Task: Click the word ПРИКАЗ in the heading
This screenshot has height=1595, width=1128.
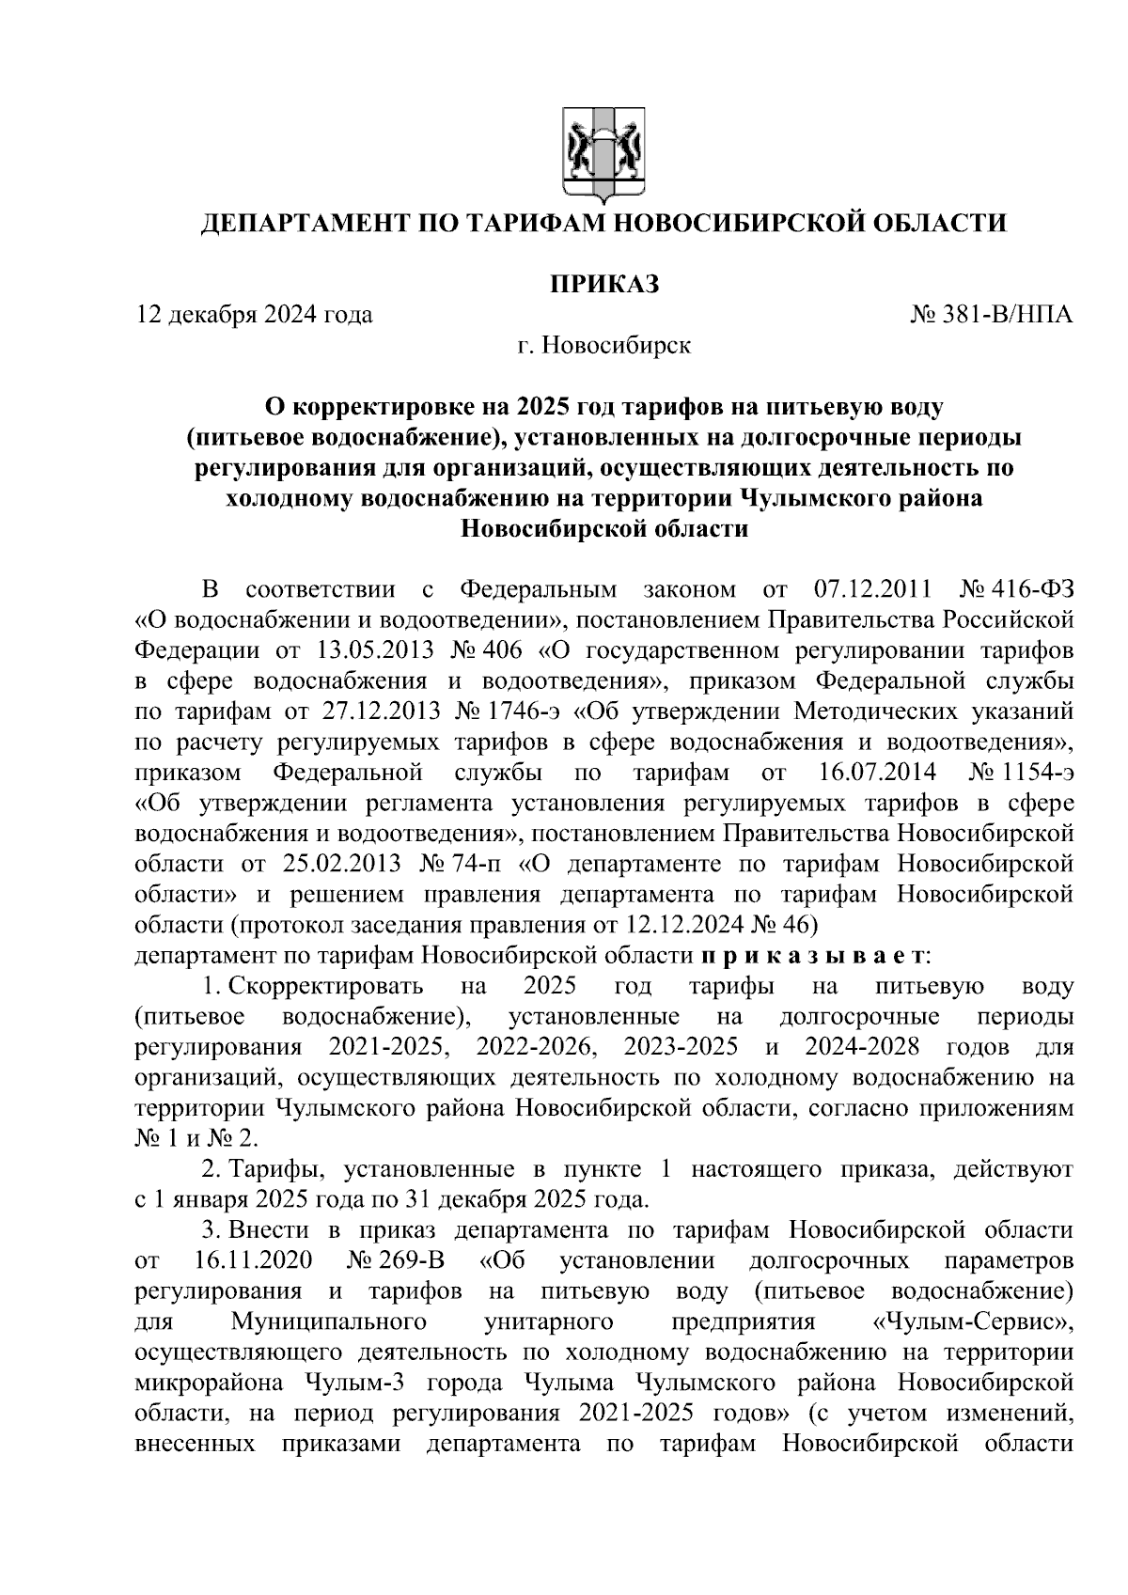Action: point(603,283)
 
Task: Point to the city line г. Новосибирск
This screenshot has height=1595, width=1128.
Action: point(603,345)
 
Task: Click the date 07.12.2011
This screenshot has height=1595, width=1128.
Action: point(869,590)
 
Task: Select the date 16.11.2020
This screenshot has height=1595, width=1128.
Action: point(254,1260)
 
